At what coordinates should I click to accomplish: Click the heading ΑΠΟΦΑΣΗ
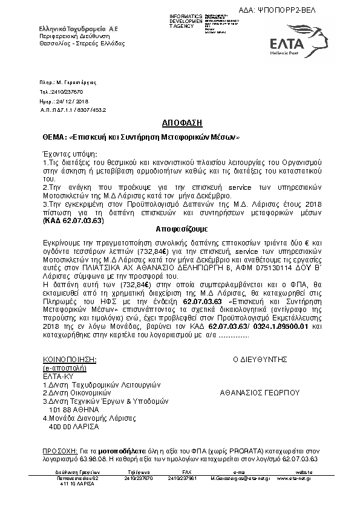click(179, 122)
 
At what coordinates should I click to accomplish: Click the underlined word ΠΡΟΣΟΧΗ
click(60, 451)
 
